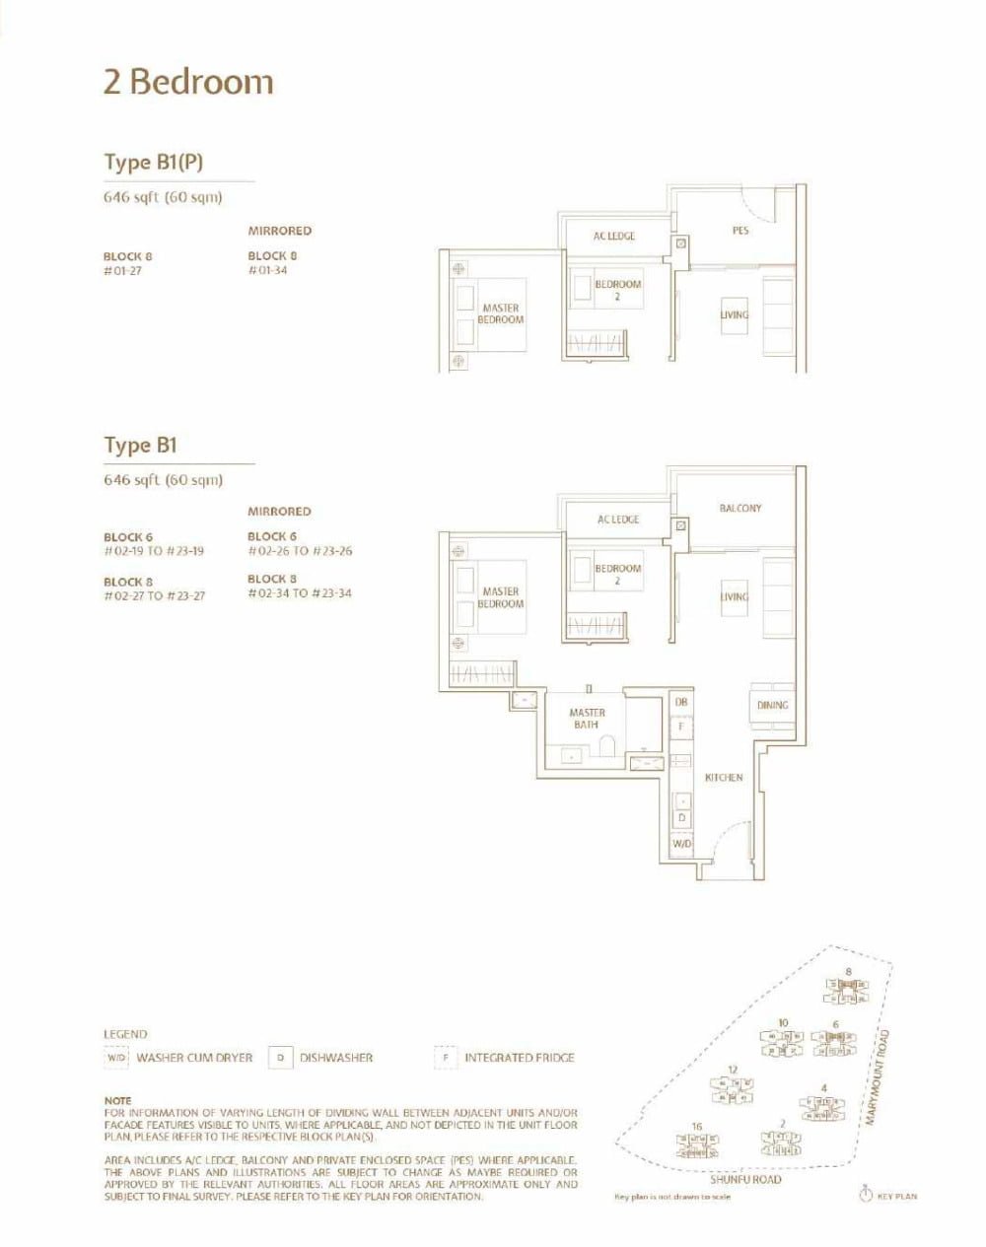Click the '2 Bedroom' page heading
[x=188, y=82]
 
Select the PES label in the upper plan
[x=740, y=231]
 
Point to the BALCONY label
[x=740, y=509]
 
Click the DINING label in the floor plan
[x=772, y=705]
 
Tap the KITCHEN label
[x=723, y=778]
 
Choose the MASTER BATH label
[x=587, y=719]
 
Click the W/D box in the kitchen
[x=681, y=845]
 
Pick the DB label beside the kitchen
[x=680, y=702]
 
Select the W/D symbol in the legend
[x=117, y=1058]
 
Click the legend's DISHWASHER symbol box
[x=280, y=1058]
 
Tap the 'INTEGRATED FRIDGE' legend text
[x=519, y=1058]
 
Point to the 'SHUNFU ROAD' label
[x=745, y=1179]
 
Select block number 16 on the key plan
[x=696, y=1127]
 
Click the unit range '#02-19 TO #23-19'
[x=154, y=551]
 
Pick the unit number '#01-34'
[x=267, y=270]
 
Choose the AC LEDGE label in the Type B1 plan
[x=618, y=520]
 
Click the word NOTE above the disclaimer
[x=117, y=1100]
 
